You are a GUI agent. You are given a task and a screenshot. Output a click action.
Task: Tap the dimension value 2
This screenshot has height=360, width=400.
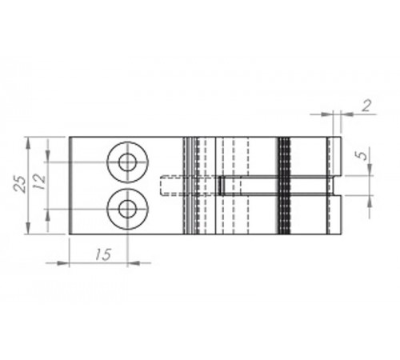366,106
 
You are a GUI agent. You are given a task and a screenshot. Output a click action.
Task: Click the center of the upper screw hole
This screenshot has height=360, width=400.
126,162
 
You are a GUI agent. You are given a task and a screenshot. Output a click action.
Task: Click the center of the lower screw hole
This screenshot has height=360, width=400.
126,210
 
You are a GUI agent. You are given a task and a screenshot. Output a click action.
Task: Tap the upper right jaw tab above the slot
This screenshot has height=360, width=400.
334,157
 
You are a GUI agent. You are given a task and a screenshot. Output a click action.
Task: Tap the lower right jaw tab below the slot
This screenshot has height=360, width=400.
334,214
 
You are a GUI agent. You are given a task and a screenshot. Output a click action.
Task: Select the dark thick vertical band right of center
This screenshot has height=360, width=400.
283,186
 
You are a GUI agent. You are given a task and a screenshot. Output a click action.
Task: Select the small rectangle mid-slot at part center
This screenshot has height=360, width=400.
221,186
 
